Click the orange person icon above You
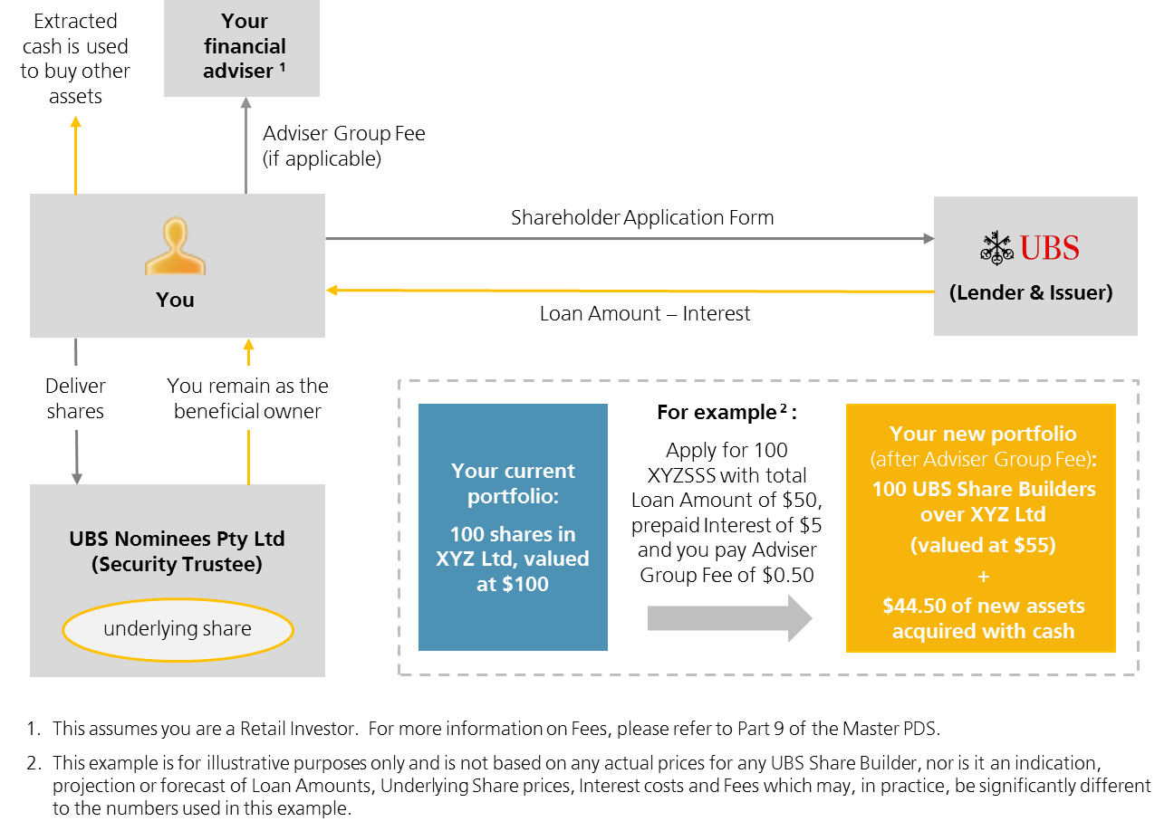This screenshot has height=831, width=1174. (x=175, y=246)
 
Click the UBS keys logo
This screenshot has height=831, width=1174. (x=996, y=248)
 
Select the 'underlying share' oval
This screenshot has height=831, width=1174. (x=178, y=629)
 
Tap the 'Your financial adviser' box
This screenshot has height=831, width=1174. (x=242, y=47)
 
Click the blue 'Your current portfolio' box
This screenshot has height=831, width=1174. (x=513, y=527)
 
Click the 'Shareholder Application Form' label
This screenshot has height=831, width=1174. (x=642, y=217)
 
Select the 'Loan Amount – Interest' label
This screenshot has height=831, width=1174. (x=645, y=313)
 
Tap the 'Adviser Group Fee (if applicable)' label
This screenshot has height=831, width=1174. (x=343, y=146)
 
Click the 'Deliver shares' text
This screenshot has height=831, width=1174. (x=75, y=398)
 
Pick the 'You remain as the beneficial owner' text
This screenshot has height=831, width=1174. (x=247, y=398)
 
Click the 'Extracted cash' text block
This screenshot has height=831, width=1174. (x=75, y=58)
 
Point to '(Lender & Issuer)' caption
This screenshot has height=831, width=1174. (x=1031, y=292)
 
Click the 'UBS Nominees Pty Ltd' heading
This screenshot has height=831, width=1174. (x=177, y=539)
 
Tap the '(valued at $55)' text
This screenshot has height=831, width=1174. (x=984, y=545)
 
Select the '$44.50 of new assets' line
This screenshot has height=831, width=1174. (x=984, y=606)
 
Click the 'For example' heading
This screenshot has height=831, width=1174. (x=726, y=412)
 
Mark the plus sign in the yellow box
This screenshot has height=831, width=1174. (x=984, y=576)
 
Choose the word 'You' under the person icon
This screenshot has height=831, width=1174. (x=175, y=300)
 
